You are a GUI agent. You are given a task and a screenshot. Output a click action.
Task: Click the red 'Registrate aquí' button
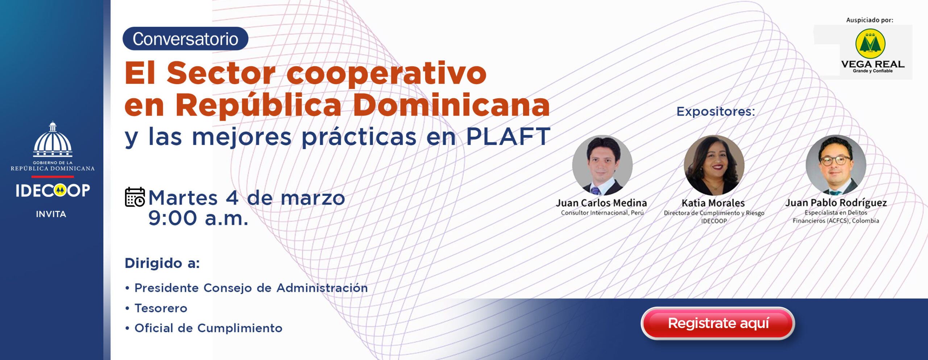click(x=718, y=323)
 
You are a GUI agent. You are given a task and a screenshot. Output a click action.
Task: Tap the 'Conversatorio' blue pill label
click(x=185, y=39)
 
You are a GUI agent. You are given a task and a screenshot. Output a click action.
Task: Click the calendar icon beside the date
click(x=135, y=197)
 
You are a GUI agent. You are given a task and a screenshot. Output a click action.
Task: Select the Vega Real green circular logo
click(x=870, y=44)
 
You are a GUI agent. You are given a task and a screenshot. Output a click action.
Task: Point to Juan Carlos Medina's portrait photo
click(x=602, y=165)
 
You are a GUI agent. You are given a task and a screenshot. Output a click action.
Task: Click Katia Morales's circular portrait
click(x=714, y=165)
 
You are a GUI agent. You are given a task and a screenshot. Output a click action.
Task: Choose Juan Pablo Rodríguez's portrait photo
click(x=836, y=165)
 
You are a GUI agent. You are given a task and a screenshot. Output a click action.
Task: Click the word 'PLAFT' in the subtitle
click(x=508, y=137)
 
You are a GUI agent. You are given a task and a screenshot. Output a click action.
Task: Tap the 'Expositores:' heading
click(x=716, y=111)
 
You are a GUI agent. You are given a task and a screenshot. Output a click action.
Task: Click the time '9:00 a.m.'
click(x=198, y=218)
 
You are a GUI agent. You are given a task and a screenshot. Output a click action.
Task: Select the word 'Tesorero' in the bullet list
click(x=161, y=308)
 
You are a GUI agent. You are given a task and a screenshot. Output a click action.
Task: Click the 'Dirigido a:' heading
click(x=162, y=263)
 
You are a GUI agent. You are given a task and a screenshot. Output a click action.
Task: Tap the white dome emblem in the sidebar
click(x=53, y=139)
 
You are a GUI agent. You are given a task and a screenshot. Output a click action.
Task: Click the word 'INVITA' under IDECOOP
click(x=51, y=214)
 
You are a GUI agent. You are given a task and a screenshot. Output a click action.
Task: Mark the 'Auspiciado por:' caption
click(x=870, y=20)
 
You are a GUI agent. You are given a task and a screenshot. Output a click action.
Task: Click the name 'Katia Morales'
click(x=713, y=203)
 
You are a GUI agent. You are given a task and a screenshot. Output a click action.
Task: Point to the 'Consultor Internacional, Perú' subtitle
click(x=602, y=213)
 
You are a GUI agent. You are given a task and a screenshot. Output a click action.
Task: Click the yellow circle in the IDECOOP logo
click(x=60, y=190)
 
